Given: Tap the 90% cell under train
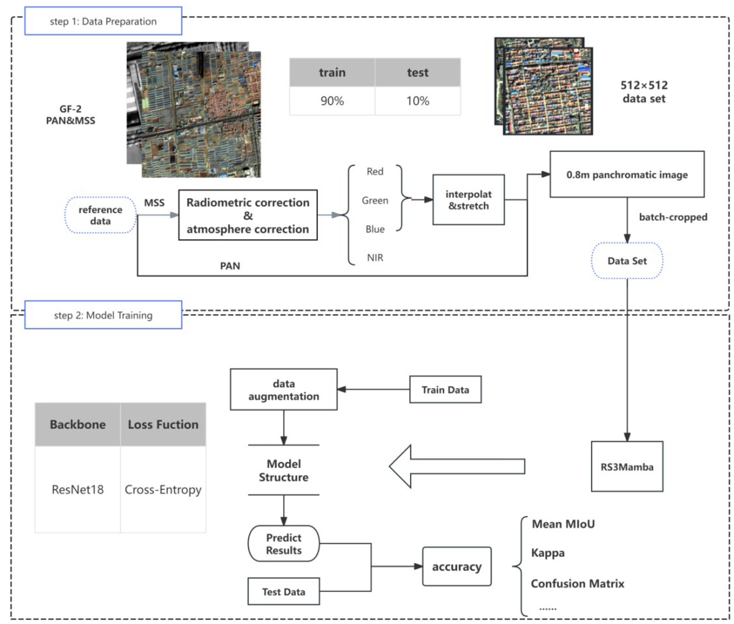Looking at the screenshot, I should [332, 101].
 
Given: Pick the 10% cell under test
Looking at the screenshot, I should [417, 101].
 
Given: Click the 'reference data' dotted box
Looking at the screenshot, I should [100, 215].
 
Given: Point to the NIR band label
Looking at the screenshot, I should [375, 258].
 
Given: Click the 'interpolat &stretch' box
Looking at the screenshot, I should [468, 200].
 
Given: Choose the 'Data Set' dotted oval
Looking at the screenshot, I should [627, 261].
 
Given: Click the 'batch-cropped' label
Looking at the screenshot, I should [673, 217].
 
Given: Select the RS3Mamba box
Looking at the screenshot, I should [627, 467].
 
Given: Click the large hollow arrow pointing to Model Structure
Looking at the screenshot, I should [456, 466].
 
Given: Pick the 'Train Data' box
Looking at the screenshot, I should [445, 389].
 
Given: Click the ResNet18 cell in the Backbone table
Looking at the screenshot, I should [77, 489].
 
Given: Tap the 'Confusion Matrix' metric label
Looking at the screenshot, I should [577, 583].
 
